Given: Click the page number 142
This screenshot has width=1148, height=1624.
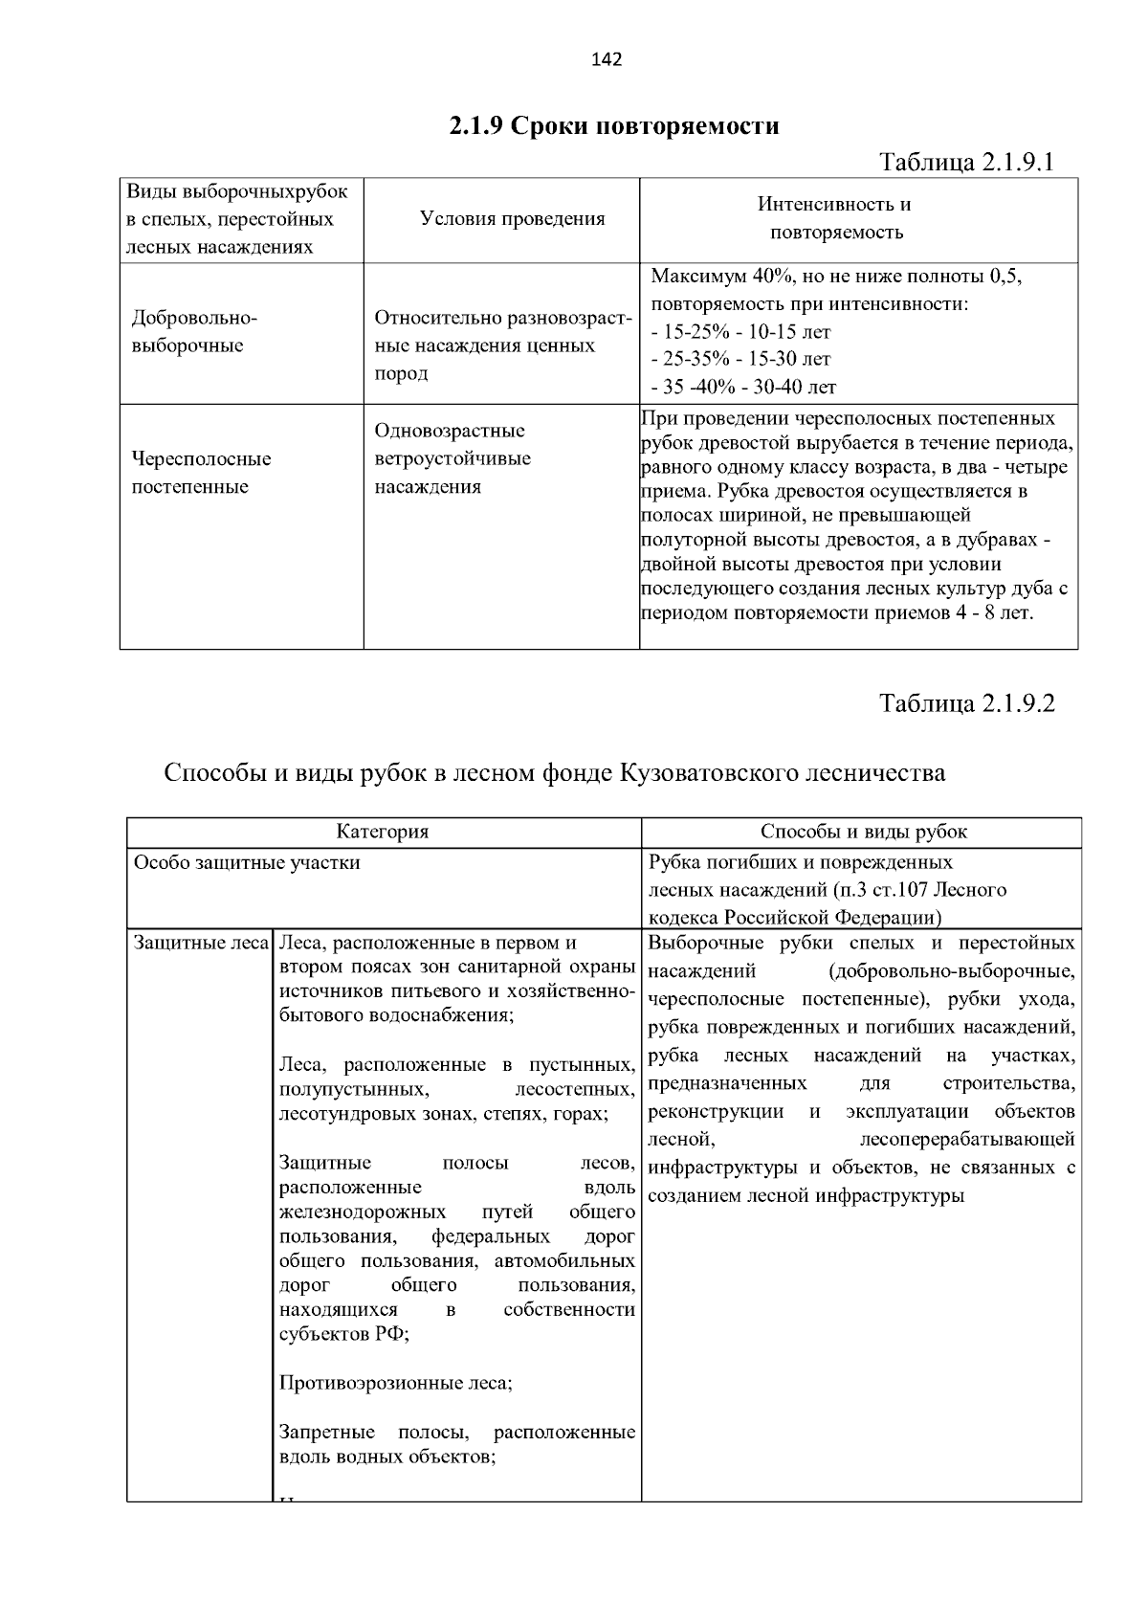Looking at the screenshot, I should click(x=607, y=60).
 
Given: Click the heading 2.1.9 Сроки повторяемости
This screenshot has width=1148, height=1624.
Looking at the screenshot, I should click(x=614, y=125).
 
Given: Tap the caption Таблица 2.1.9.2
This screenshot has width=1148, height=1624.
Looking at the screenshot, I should click(x=966, y=703).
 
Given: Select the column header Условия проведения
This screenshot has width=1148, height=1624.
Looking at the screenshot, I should click(x=512, y=219).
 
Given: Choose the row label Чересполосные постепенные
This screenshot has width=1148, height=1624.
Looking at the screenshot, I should click(x=201, y=473).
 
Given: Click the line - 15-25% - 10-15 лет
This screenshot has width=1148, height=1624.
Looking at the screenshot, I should click(x=740, y=332).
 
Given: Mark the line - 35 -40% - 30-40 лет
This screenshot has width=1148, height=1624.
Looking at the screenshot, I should click(x=743, y=388).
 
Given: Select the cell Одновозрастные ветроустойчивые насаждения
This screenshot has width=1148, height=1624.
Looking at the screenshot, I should click(x=452, y=458).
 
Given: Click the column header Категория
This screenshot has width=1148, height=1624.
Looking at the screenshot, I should click(x=382, y=832).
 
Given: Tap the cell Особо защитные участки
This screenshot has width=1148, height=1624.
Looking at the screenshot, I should click(x=247, y=862).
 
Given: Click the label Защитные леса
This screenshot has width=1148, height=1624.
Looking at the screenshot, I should click(x=200, y=943).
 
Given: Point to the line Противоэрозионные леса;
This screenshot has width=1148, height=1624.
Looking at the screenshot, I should click(x=395, y=1383).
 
